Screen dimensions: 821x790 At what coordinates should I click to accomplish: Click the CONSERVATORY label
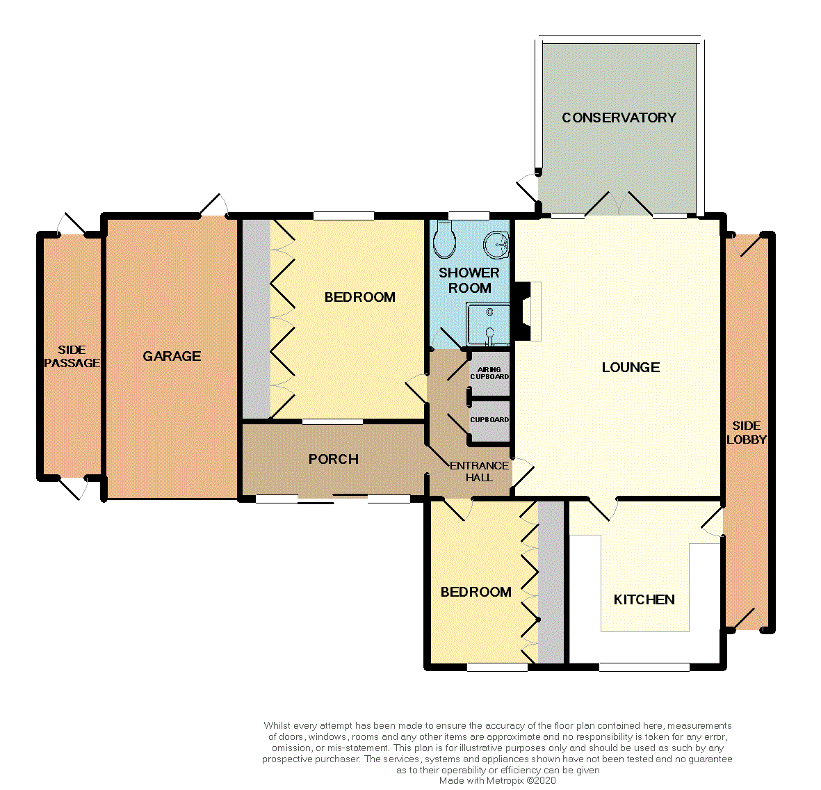point(619,118)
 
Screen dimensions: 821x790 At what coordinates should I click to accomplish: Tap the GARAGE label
point(172,356)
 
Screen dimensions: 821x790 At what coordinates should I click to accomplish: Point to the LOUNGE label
point(631,367)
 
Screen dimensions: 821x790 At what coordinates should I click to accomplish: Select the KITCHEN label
point(644,599)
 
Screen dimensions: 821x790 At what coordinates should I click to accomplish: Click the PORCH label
point(334,459)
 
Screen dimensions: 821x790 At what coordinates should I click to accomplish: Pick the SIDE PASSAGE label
point(72,356)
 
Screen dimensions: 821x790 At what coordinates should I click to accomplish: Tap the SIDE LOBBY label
point(746,433)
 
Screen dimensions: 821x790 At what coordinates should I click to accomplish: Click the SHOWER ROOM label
point(469,280)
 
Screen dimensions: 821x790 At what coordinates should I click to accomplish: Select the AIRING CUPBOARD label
point(489,373)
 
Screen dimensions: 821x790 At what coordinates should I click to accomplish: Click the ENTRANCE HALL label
point(479,471)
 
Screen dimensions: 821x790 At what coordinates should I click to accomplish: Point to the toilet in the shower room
point(444,239)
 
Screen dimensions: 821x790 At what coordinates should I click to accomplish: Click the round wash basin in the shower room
point(496,244)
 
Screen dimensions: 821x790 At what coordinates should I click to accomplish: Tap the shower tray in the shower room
point(488,325)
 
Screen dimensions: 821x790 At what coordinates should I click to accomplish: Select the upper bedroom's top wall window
point(344,216)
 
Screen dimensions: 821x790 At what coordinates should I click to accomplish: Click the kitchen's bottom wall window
point(644,667)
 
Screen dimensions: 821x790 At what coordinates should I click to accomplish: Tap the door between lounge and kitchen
point(603,508)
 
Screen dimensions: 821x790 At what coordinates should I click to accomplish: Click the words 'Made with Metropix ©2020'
point(498,780)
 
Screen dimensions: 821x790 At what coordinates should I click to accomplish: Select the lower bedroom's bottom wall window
point(498,667)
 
